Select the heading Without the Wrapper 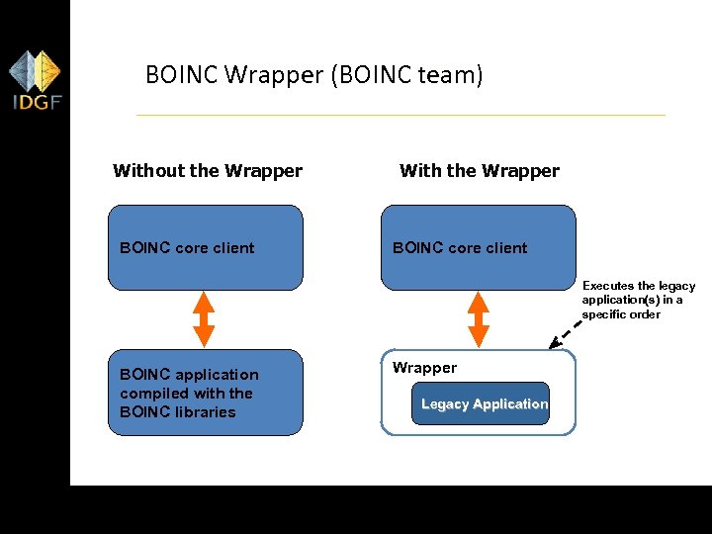pyautogui.click(x=208, y=170)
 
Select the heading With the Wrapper pyautogui.click(x=479, y=170)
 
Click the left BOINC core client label pyautogui.click(x=187, y=247)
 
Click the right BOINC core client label pyautogui.click(x=460, y=247)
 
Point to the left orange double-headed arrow pyautogui.click(x=205, y=316)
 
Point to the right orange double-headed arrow pyautogui.click(x=478, y=316)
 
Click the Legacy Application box pyautogui.click(x=484, y=403)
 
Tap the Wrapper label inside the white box pyautogui.click(x=424, y=368)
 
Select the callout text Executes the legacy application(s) pyautogui.click(x=638, y=300)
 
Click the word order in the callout pyautogui.click(x=643, y=314)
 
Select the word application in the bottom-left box pyautogui.click(x=217, y=374)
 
